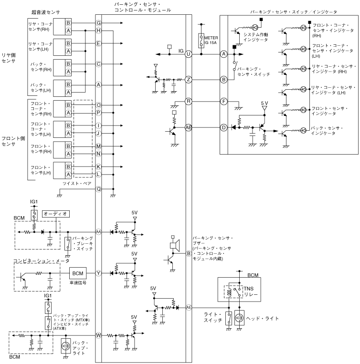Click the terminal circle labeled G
coord(99,23)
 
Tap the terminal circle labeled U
coord(189,54)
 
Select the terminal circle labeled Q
coord(99,189)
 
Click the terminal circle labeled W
coord(99,335)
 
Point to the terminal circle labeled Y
coord(99,273)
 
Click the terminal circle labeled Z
coord(189,79)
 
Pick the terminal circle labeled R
coord(189,101)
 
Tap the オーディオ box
coord(56,213)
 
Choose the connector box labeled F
coord(223,101)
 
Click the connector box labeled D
coord(223,127)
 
